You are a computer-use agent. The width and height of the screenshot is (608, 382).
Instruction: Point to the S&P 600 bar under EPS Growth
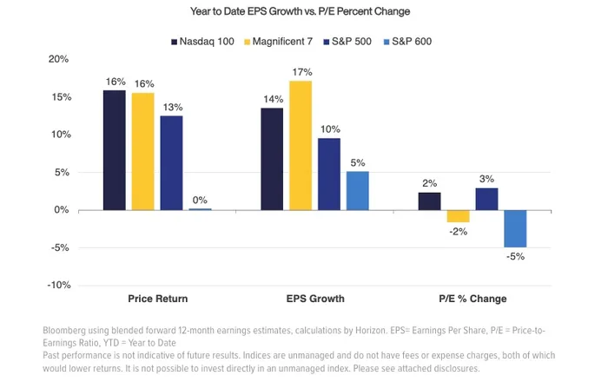[x=357, y=190]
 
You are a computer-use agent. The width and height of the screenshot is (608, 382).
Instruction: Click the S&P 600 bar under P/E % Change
[x=515, y=228]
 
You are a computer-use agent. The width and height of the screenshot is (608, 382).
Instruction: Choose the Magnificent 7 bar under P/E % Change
[x=459, y=216]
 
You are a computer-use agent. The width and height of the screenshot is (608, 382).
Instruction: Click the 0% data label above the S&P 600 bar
[x=200, y=201]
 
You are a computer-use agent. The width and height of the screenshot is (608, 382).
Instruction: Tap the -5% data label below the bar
[x=515, y=256]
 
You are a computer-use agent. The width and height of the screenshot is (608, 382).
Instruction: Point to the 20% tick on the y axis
[x=58, y=59]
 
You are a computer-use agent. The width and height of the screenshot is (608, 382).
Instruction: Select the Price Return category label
[x=157, y=299]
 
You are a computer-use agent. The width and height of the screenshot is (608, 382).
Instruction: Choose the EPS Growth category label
[x=315, y=299]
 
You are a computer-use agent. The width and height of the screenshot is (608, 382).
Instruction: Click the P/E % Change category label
[x=473, y=299]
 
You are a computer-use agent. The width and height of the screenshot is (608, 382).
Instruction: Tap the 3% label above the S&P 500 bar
[x=486, y=179]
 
